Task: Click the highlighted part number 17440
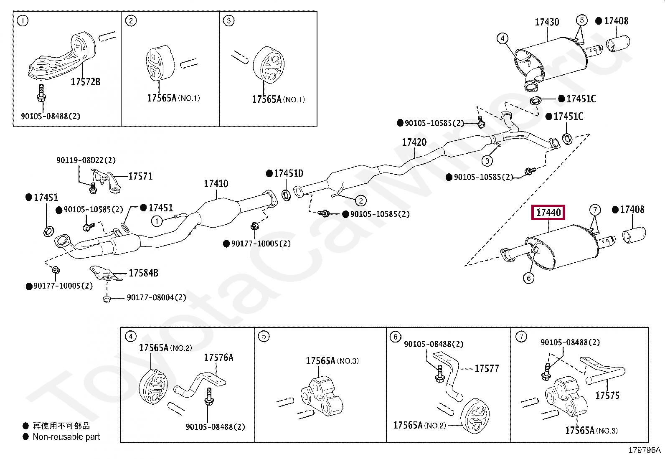point(548,213)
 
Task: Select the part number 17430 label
point(547,22)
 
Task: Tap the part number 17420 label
point(414,142)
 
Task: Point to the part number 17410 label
point(216,184)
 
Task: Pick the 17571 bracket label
point(140,176)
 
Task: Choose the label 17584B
point(143,273)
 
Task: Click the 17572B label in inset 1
point(86,82)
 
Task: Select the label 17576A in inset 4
point(218,358)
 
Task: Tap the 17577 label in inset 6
point(487,369)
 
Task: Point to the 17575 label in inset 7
point(607,396)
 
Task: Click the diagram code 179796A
point(644,450)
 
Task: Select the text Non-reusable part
point(66,437)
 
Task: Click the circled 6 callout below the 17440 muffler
point(528,278)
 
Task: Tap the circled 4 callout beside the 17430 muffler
point(503,38)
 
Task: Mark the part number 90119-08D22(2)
point(86,160)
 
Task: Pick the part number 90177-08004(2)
point(157,297)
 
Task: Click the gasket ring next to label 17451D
point(286,195)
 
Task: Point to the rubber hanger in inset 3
point(269,65)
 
